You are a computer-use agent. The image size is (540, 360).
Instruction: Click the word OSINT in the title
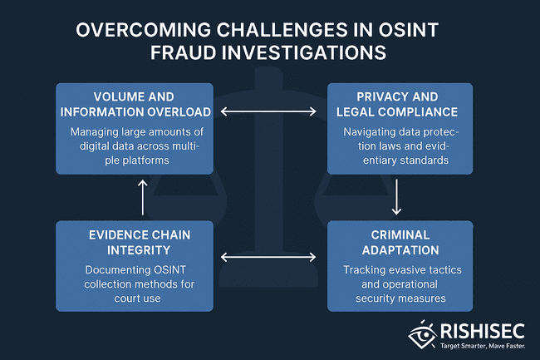409,30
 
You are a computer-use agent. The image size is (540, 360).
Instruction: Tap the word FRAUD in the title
183,52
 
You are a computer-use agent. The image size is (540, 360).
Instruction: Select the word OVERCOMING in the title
143,30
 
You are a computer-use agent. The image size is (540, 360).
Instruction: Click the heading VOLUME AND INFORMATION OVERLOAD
135,105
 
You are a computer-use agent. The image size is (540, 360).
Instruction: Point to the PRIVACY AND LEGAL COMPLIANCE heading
397,105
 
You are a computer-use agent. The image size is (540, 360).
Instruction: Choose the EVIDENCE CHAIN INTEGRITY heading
139,243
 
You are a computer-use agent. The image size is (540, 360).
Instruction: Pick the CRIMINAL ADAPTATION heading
400,243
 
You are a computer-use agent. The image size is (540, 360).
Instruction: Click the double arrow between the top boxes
268,111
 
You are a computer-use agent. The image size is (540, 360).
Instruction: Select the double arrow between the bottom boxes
268,257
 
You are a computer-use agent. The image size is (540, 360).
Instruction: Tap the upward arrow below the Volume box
143,197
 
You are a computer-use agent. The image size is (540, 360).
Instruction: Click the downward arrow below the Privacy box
396,197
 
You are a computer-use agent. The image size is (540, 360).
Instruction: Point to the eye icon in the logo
423,334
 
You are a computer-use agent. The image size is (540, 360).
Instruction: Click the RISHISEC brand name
483,331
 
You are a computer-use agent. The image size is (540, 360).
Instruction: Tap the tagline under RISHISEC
483,346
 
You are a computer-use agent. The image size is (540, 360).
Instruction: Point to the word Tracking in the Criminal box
363,269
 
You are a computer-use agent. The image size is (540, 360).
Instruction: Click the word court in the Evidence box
126,298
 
